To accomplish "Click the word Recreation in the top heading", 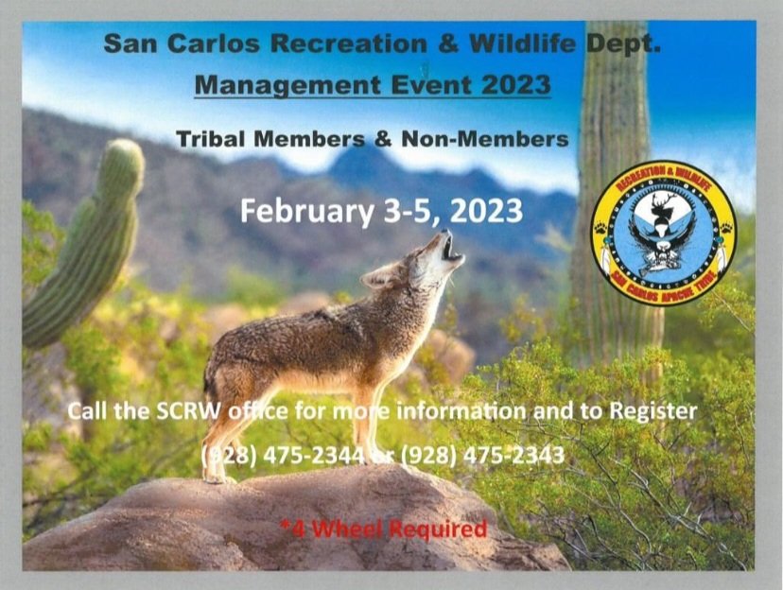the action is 349,43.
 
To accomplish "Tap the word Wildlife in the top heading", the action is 522,43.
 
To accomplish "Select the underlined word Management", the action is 287,85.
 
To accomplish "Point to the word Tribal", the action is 212,139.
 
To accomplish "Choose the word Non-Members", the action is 485,139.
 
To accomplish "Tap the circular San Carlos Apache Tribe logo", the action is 664,232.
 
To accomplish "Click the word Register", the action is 653,412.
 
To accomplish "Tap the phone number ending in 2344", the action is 283,455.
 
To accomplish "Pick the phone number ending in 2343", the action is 482,455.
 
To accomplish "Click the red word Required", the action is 438,529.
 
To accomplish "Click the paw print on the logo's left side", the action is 600,229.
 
